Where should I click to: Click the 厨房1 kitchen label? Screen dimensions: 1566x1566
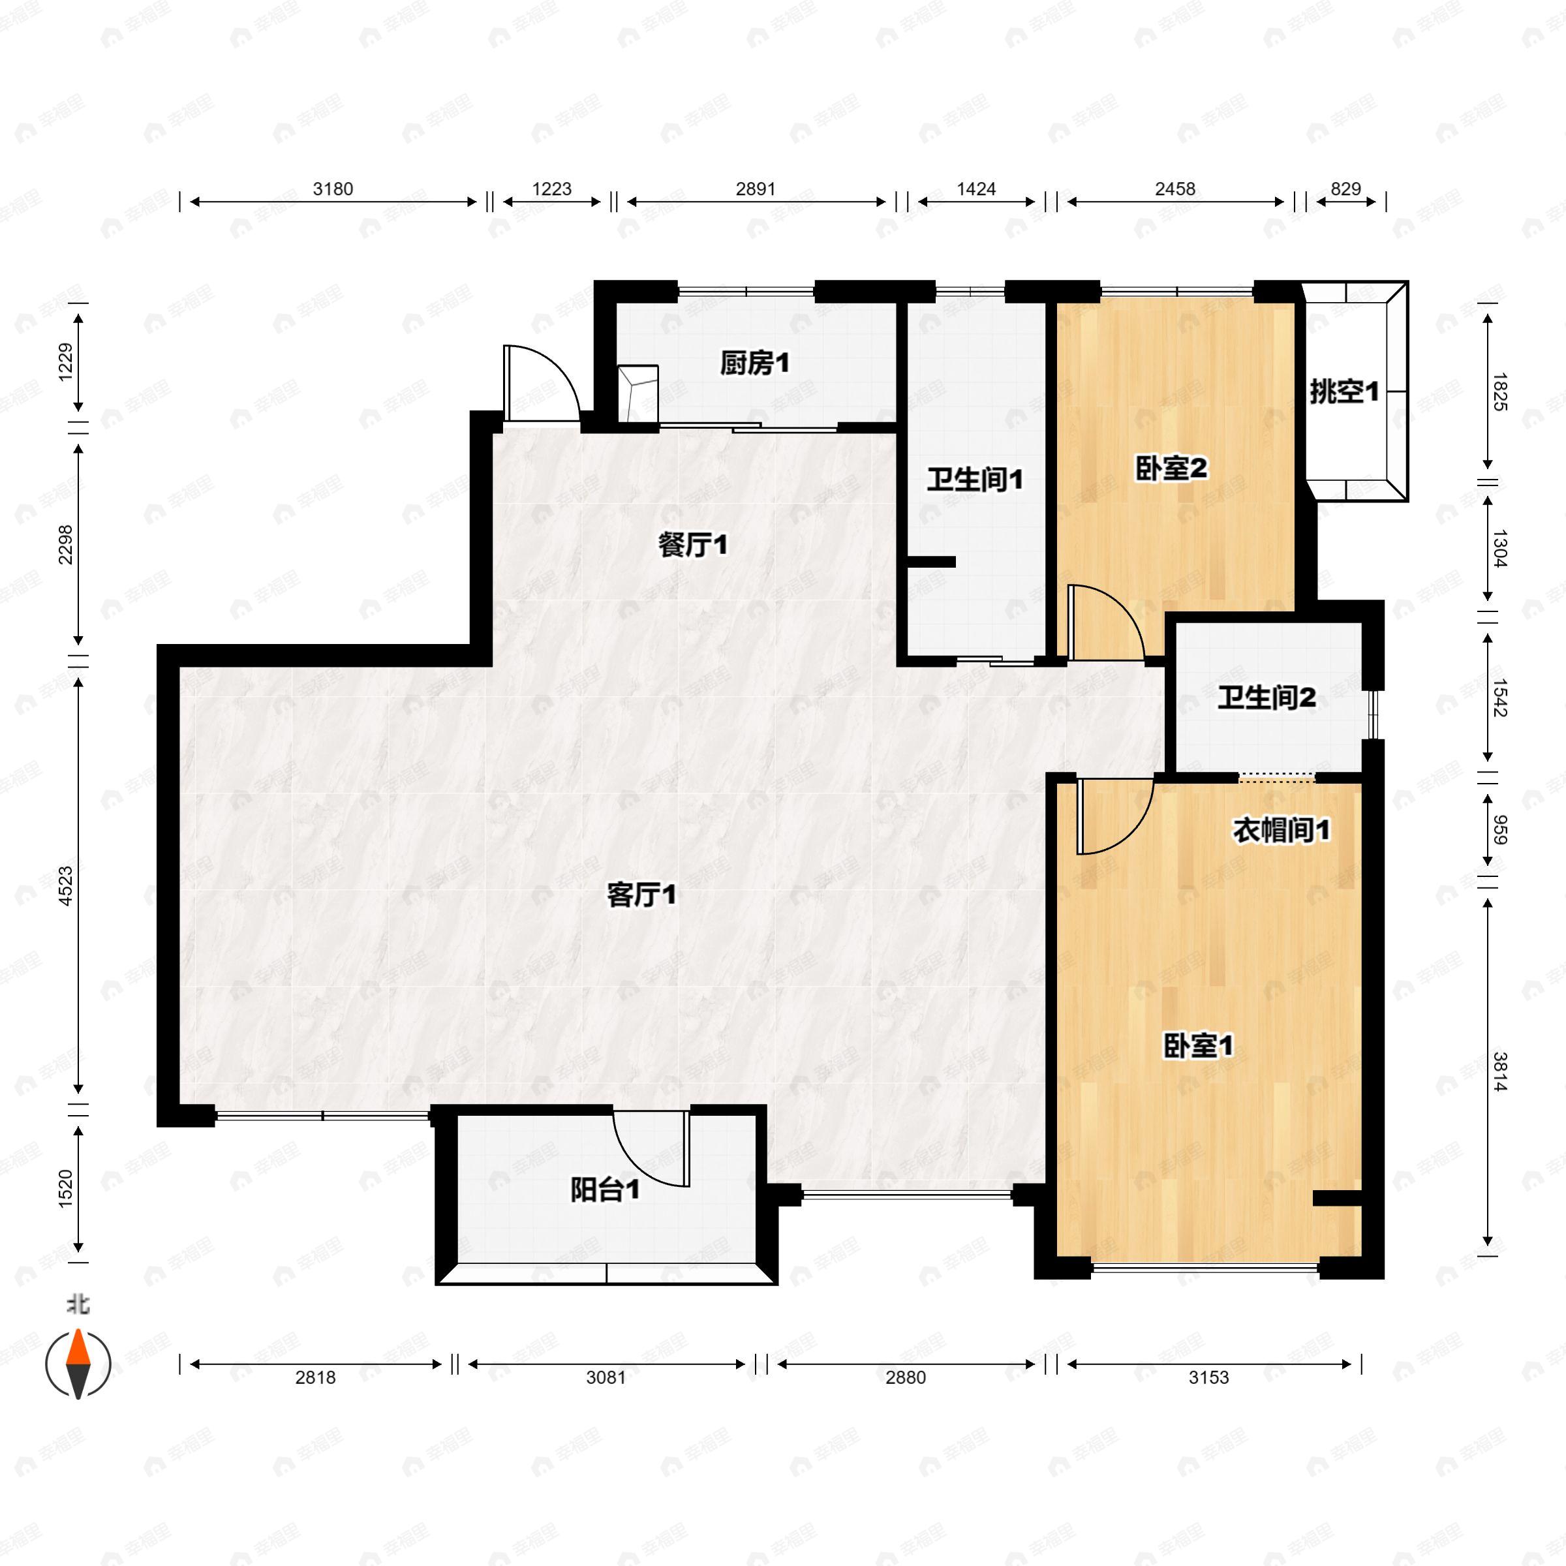(x=754, y=364)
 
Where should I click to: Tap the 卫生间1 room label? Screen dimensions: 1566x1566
(x=974, y=480)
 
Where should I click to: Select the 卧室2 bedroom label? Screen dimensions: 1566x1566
(x=1171, y=468)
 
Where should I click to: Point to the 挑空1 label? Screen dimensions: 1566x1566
(x=1344, y=392)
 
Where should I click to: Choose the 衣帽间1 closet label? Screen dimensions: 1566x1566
(x=1281, y=830)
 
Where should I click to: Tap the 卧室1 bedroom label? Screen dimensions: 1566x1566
(x=1198, y=1045)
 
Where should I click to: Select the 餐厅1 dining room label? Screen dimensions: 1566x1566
(x=692, y=545)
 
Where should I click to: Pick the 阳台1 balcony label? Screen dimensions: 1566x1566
(x=605, y=1190)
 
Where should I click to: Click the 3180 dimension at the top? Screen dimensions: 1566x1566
(x=333, y=189)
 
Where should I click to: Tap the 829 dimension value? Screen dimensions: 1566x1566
(x=1345, y=189)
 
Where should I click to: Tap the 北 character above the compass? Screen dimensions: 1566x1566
(x=78, y=1304)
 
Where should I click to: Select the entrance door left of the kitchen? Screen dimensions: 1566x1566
(x=539, y=382)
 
